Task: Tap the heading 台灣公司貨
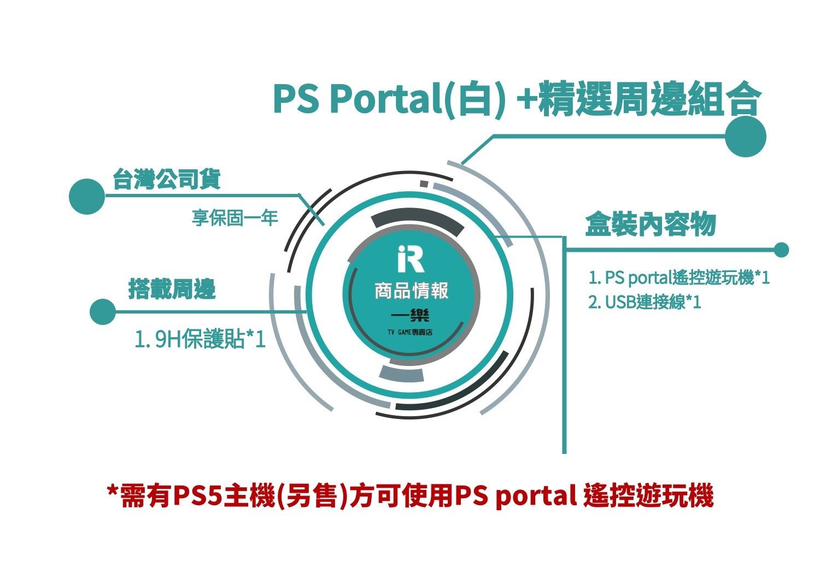click(x=167, y=179)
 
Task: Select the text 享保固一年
click(x=235, y=217)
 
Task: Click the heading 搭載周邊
click(x=172, y=289)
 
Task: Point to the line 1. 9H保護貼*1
click(x=200, y=339)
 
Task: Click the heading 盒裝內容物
click(x=651, y=223)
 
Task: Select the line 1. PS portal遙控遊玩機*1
click(x=679, y=277)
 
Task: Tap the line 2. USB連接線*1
click(x=645, y=302)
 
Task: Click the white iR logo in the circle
click(x=411, y=258)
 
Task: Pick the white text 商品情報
click(x=411, y=291)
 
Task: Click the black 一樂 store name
click(x=410, y=315)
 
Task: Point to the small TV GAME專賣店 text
click(x=410, y=332)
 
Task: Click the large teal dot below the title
click(x=746, y=137)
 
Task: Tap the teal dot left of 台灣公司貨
click(x=87, y=197)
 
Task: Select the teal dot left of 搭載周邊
click(x=103, y=312)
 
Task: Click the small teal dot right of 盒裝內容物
click(x=781, y=250)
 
